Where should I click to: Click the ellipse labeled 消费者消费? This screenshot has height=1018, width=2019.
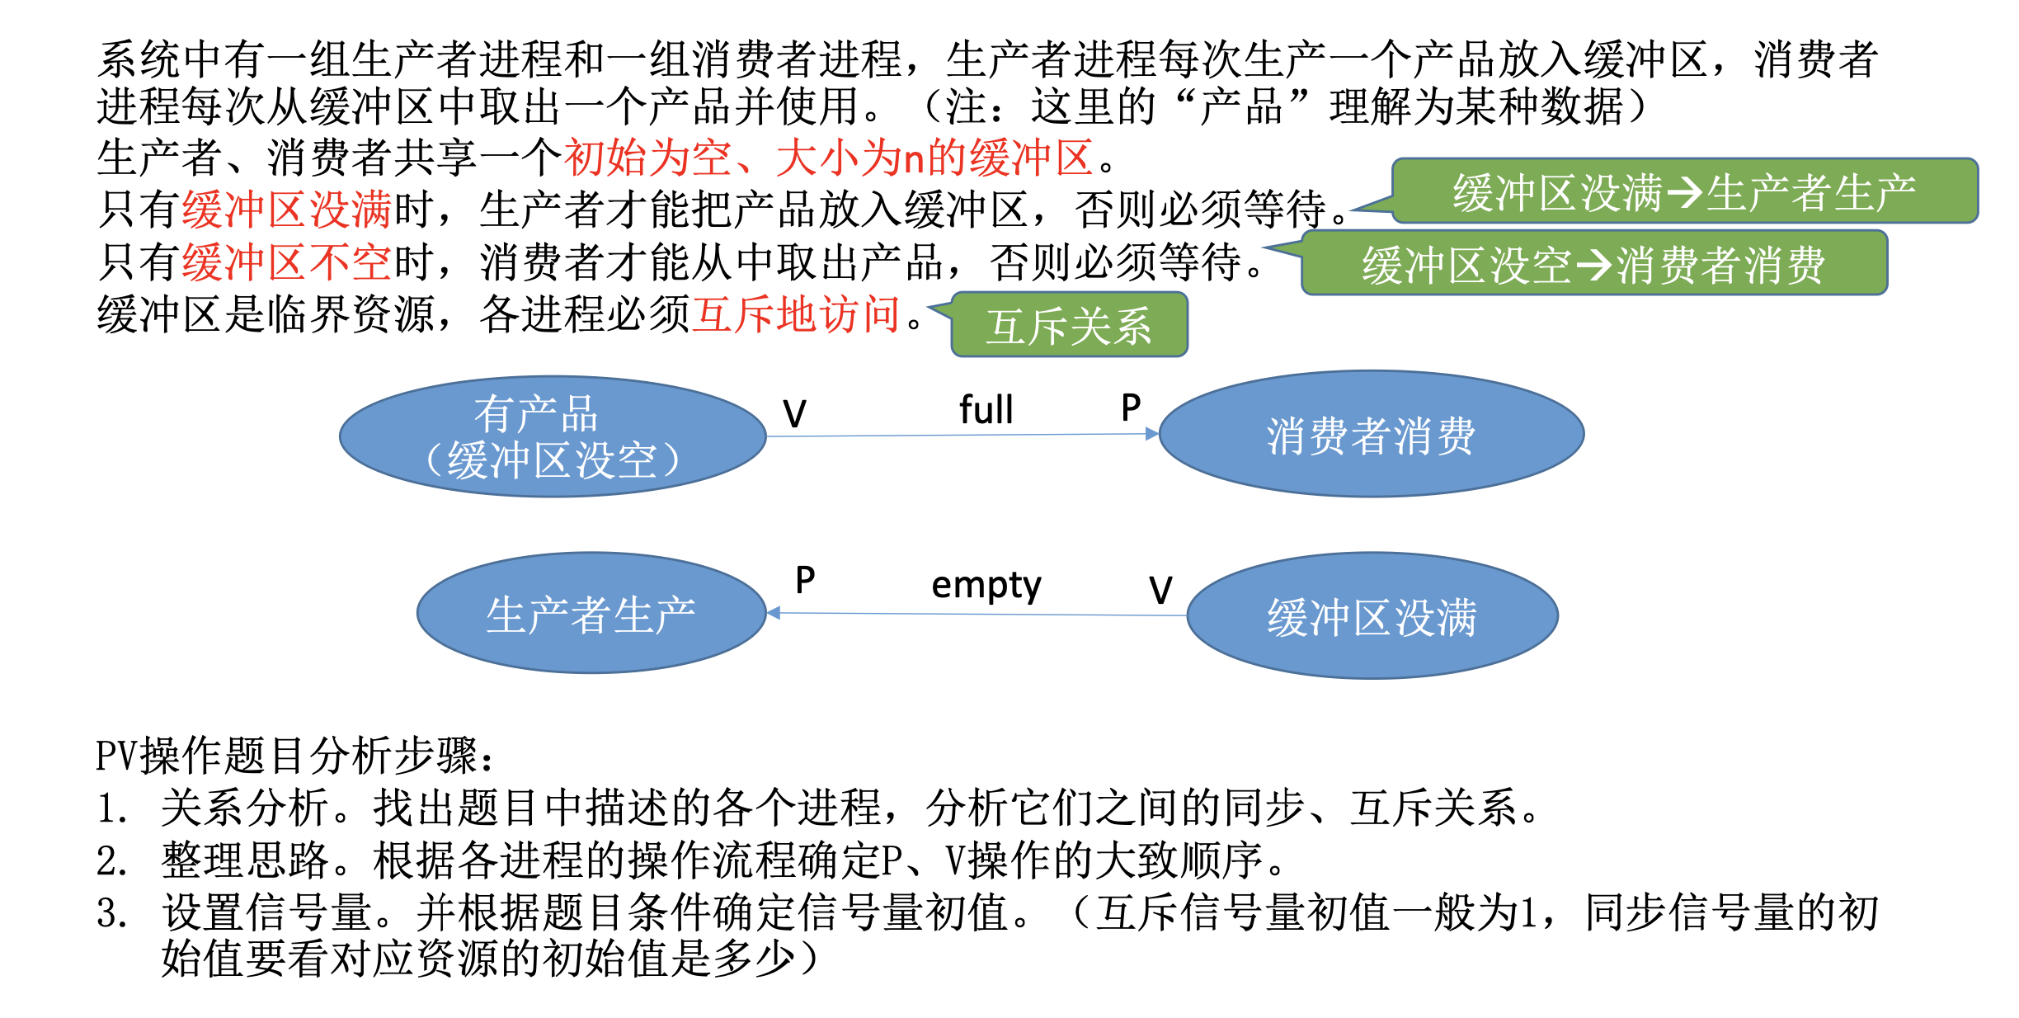(x=1371, y=434)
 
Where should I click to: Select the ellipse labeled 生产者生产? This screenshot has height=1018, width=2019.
(x=591, y=613)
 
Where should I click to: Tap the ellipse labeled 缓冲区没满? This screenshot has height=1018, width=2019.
(x=1372, y=615)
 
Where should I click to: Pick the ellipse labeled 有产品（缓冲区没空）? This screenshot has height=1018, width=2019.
(x=553, y=436)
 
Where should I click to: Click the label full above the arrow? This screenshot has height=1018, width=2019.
(x=986, y=410)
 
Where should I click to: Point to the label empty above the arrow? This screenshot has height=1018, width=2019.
(x=986, y=586)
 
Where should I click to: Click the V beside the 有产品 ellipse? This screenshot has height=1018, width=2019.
(x=794, y=414)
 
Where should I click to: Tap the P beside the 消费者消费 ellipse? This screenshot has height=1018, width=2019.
(x=1131, y=408)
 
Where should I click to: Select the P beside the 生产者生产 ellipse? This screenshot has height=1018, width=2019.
(x=805, y=580)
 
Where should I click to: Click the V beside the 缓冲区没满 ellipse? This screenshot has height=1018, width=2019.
(x=1160, y=591)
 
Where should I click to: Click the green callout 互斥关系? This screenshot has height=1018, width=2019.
(x=1069, y=326)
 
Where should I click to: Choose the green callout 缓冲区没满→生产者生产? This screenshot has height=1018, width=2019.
(x=1684, y=192)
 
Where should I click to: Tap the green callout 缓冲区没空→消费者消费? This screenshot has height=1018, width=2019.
(x=1593, y=265)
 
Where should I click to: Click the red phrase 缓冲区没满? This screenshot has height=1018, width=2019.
(x=286, y=210)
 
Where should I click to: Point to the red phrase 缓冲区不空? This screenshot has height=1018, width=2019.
(x=286, y=262)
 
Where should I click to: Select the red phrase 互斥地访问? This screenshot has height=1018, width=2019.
(x=795, y=314)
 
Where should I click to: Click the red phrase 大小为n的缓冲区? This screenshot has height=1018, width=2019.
(x=934, y=157)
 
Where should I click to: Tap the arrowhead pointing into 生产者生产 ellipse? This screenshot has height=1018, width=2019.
(x=774, y=613)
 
